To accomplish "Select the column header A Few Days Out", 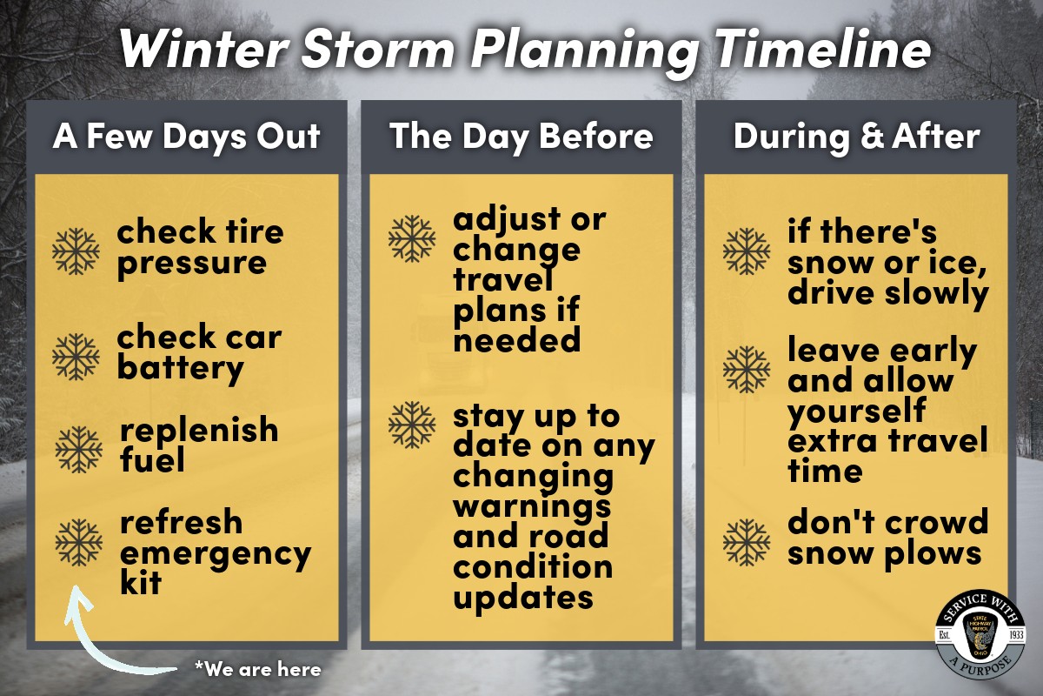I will (186, 137).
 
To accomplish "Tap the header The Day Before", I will (521, 137).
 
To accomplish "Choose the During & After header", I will (856, 137).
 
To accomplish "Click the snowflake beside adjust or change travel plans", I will (411, 238).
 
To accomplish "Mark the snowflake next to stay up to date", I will (411, 424).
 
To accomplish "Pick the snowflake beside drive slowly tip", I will (747, 251).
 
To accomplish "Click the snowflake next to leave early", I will (747, 369).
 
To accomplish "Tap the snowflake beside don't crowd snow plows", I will (747, 542).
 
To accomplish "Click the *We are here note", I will (258, 669).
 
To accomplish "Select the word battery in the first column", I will (180, 369).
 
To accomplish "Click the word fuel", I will (152, 459).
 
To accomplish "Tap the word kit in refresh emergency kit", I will (141, 582).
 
